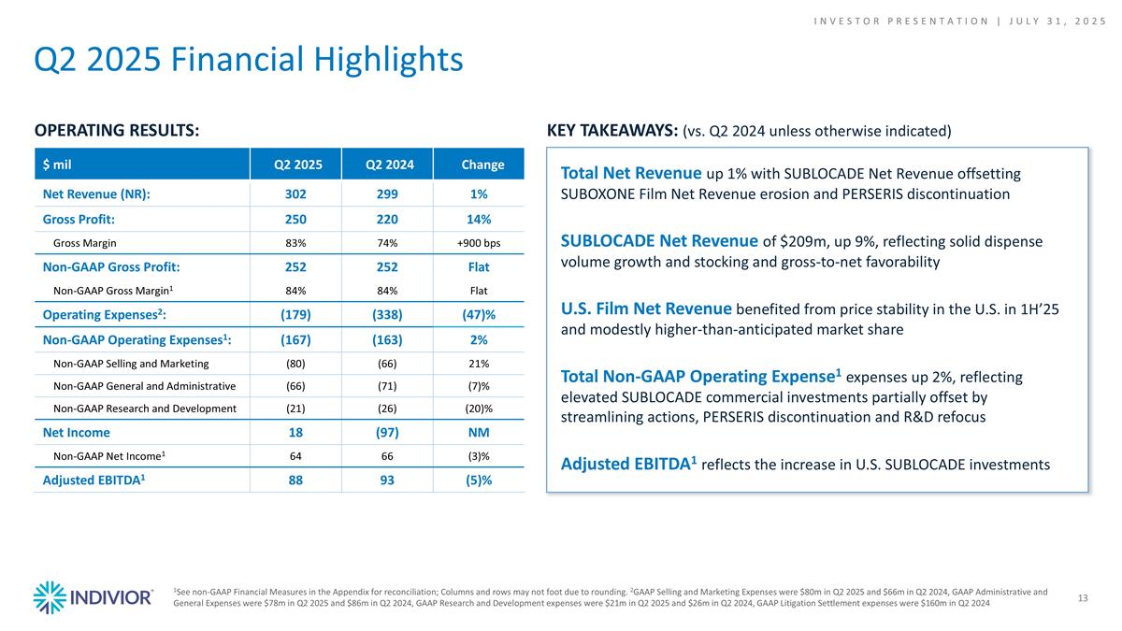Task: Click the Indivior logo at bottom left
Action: click(x=93, y=597)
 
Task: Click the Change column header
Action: click(x=483, y=165)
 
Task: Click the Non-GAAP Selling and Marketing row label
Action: click(x=131, y=363)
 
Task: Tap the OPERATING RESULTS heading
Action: click(x=117, y=131)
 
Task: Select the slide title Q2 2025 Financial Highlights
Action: click(x=249, y=60)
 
